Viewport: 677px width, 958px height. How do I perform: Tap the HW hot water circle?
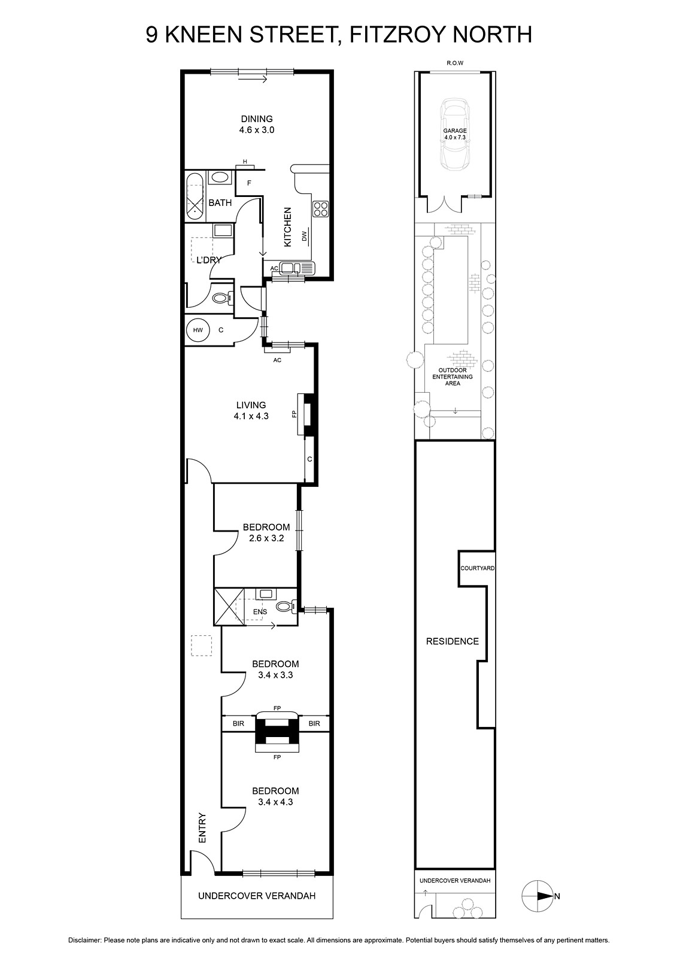click(x=198, y=330)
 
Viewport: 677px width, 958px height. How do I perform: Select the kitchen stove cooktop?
click(x=320, y=209)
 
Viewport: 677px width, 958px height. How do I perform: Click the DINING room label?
click(x=257, y=119)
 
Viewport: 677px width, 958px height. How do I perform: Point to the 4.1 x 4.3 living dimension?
click(x=251, y=416)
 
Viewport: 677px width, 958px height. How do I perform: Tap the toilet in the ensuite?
click(x=286, y=605)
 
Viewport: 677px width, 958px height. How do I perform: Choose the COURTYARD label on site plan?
click(x=477, y=568)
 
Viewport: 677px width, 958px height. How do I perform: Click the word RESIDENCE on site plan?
click(x=452, y=641)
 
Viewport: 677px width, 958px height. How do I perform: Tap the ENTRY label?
click(x=202, y=827)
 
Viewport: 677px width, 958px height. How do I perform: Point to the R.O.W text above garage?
click(x=455, y=63)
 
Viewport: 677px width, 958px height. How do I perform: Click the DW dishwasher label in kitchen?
click(x=305, y=236)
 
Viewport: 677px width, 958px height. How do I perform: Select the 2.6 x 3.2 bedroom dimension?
click(x=266, y=538)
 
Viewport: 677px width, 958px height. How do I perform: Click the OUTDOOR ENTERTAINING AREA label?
click(x=453, y=377)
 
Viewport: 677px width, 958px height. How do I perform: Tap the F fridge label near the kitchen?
click(x=249, y=183)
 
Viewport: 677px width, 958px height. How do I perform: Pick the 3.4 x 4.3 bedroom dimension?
click(x=275, y=802)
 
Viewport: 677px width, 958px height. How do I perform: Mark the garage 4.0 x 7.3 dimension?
click(x=454, y=137)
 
